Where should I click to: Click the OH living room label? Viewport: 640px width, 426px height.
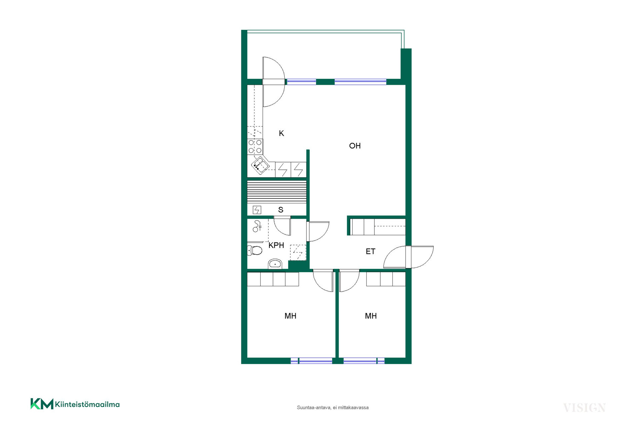tap(355, 146)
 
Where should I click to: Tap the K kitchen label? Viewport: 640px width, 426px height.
tap(281, 133)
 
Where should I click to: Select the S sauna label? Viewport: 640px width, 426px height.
tap(281, 210)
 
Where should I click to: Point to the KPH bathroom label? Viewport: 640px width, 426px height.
tap(276, 245)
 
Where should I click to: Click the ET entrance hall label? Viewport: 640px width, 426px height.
tap(370, 252)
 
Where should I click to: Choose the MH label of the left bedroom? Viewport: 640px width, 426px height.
tap(290, 316)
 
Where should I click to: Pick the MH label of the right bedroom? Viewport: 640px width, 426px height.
tap(371, 316)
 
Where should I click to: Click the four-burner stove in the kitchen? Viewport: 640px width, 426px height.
tap(255, 147)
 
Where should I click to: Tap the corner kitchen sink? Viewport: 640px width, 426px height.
tap(260, 165)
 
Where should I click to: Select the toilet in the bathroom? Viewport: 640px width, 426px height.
tap(255, 250)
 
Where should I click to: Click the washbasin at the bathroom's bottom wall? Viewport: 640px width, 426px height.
tap(275, 264)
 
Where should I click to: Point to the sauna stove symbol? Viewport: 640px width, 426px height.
tap(257, 210)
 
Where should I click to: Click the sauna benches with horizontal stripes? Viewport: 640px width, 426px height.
tap(277, 192)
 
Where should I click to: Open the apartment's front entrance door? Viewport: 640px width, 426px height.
tap(408, 257)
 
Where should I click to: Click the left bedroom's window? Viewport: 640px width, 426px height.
tap(311, 361)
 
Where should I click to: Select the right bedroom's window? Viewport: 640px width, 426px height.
tap(364, 361)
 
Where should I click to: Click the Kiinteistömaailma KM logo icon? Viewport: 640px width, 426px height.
tap(42, 404)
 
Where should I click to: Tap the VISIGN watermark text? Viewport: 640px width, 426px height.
tap(584, 408)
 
